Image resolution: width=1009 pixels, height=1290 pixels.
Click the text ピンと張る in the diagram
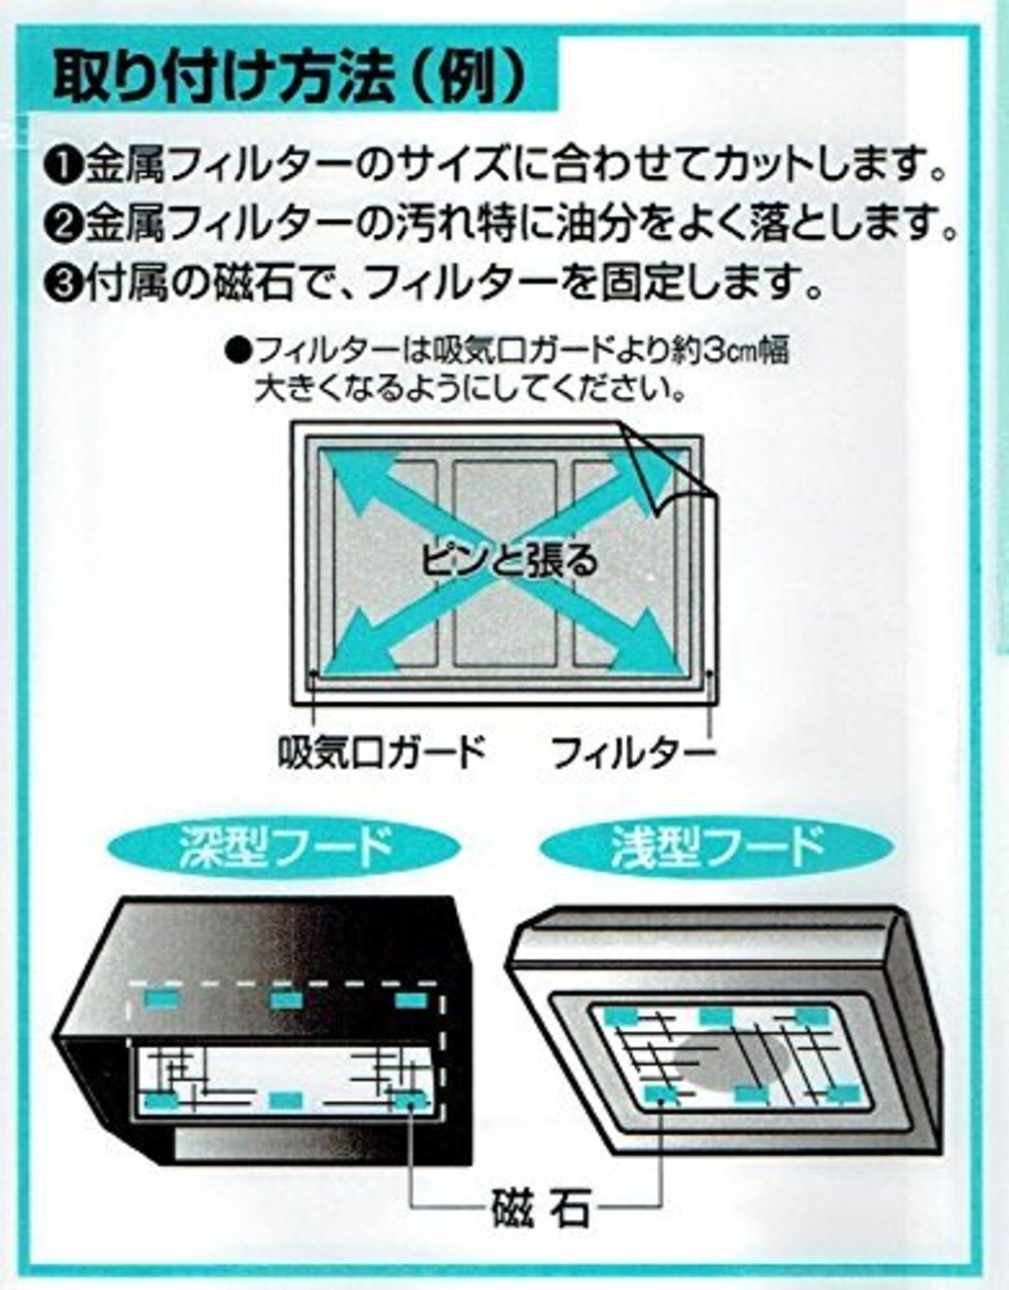click(x=508, y=559)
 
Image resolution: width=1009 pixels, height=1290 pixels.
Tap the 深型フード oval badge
click(x=283, y=847)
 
